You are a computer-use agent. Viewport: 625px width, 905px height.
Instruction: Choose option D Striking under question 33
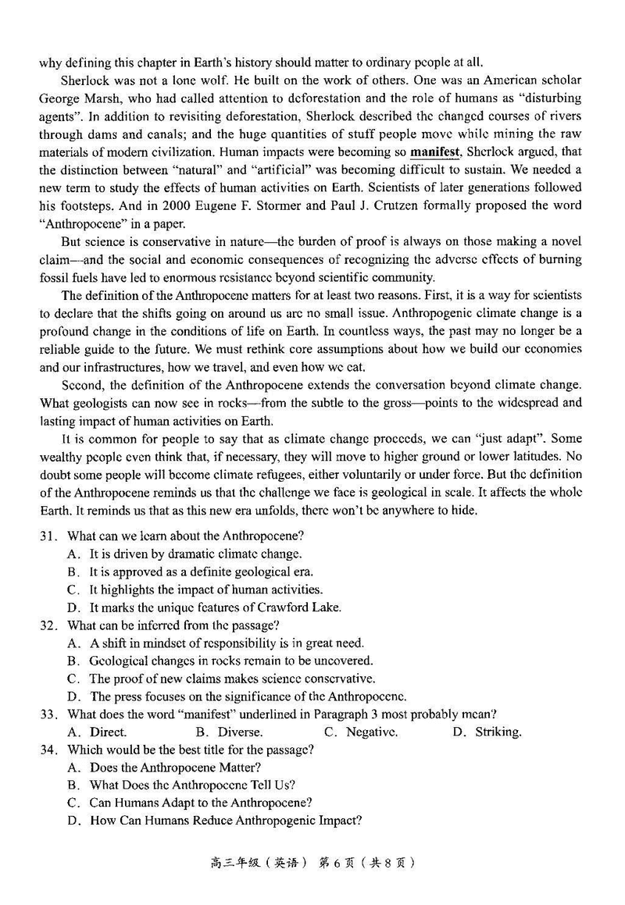487,732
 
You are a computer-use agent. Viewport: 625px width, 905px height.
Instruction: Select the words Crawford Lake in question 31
303,607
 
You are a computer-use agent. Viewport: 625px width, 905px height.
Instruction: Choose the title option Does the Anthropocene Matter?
175,768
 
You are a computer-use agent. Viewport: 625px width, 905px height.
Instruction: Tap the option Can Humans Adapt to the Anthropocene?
201,803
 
